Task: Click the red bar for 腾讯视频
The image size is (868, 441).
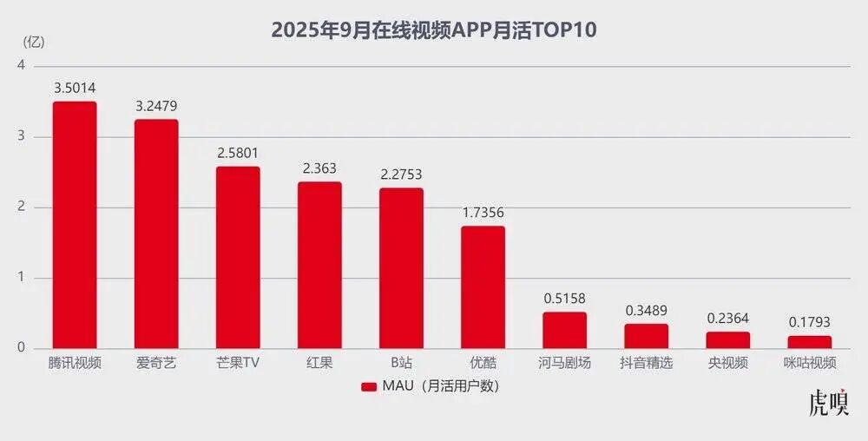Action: pyautogui.click(x=75, y=225)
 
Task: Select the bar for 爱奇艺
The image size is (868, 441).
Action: pyautogui.click(x=156, y=234)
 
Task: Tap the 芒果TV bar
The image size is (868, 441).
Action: pyautogui.click(x=238, y=257)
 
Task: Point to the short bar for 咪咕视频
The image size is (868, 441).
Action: pyautogui.click(x=809, y=342)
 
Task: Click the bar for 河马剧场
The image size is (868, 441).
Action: pyautogui.click(x=564, y=330)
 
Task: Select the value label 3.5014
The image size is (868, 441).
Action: pyautogui.click(x=75, y=88)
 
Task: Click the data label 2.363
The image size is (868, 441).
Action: pyautogui.click(x=319, y=168)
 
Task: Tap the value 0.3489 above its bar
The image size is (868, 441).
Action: pyautogui.click(x=646, y=310)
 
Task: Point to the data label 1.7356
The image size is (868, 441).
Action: pyautogui.click(x=483, y=212)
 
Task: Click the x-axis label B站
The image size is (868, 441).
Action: pyautogui.click(x=401, y=363)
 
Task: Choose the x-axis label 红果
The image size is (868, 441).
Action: pyautogui.click(x=319, y=363)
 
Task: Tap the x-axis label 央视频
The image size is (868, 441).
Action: pyautogui.click(x=727, y=363)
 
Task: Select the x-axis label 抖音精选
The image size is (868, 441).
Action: pyautogui.click(x=646, y=363)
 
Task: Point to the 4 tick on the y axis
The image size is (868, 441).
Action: pyautogui.click(x=20, y=66)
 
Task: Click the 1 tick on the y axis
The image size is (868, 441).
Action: pyautogui.click(x=20, y=278)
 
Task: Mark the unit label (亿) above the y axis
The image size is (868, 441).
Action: pyautogui.click(x=32, y=41)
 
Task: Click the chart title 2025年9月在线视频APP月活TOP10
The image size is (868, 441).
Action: pyautogui.click(x=434, y=30)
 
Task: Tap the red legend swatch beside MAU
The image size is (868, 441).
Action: pyautogui.click(x=369, y=386)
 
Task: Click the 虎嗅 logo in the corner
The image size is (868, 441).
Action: pyautogui.click(x=828, y=404)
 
